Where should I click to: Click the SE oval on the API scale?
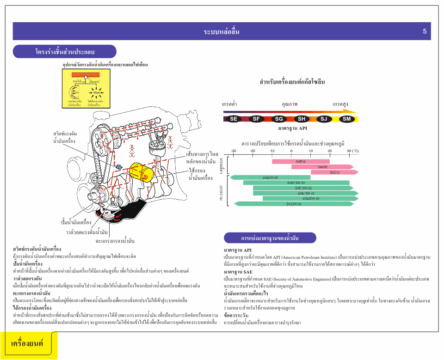pos(234,119)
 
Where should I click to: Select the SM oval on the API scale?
pos(347,119)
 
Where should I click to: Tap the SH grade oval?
pos(302,119)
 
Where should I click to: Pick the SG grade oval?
pos(279,119)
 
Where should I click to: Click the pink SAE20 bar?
pos(301,161)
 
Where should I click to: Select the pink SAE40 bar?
pos(334,172)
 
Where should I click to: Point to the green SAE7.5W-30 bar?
pos(296,183)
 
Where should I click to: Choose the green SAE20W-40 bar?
pos(310,199)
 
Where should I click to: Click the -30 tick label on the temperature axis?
pos(233,151)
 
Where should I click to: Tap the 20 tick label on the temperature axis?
pos(330,151)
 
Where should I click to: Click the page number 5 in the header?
pos(425,31)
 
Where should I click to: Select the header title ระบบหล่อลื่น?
pos(222,32)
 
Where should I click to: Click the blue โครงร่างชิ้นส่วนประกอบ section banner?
pos(65,51)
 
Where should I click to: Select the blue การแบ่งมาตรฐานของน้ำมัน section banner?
pos(270,238)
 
